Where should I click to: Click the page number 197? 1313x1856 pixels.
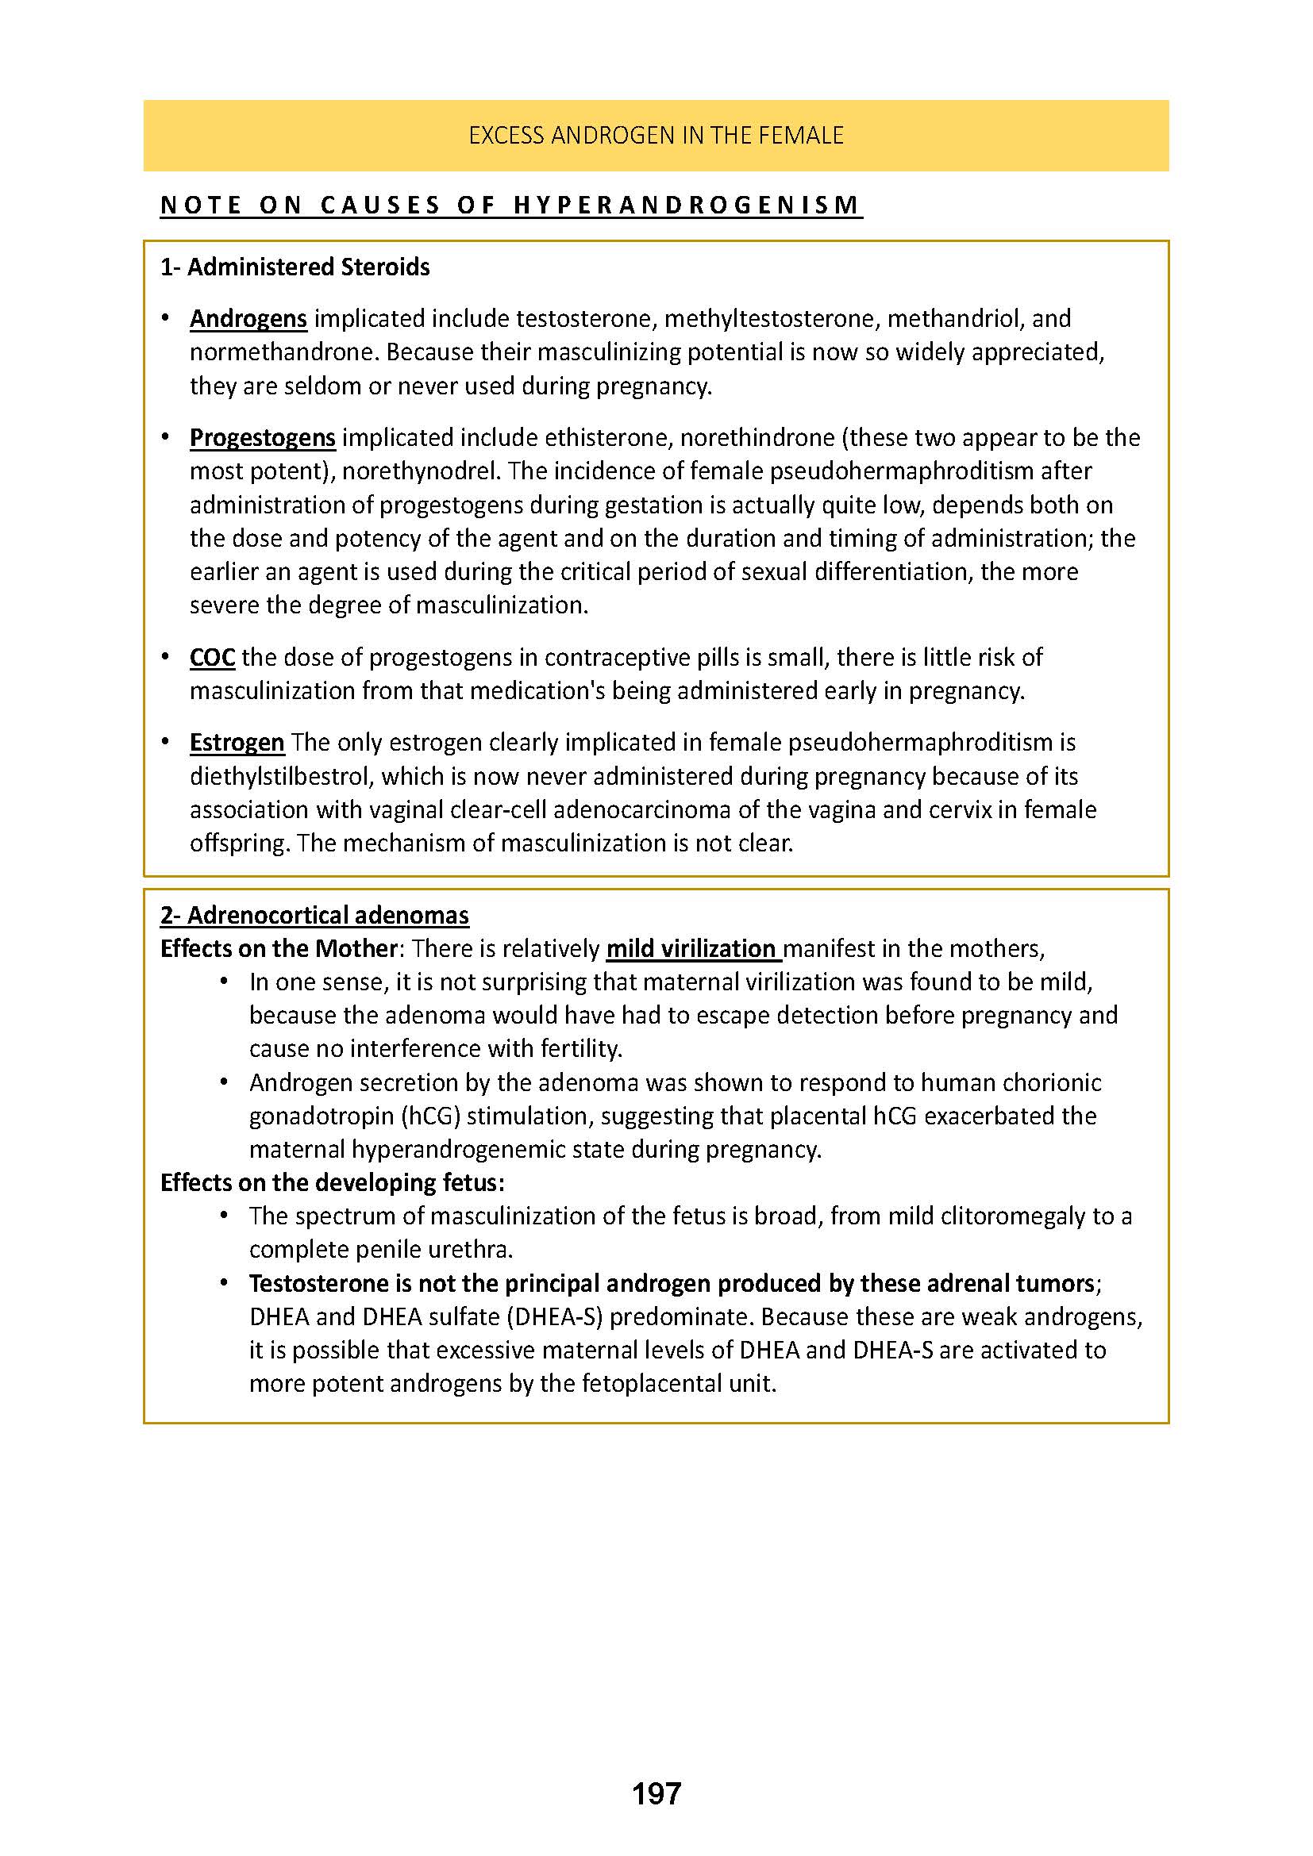tap(656, 1794)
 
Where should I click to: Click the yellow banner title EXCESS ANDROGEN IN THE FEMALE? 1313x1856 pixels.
tap(656, 135)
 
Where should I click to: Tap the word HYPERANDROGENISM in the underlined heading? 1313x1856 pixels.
tap(687, 206)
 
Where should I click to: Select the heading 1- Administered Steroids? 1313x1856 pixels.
tap(295, 267)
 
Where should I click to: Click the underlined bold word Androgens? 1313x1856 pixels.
tap(248, 318)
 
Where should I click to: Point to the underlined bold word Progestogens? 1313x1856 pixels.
tap(262, 437)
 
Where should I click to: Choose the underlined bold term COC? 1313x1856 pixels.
tap(212, 657)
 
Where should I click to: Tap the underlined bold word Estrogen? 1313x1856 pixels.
tap(237, 742)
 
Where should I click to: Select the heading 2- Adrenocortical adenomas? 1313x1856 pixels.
tap(314, 915)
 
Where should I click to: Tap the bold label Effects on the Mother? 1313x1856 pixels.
tap(278, 948)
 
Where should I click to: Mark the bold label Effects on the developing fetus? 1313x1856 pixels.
tap(333, 1182)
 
